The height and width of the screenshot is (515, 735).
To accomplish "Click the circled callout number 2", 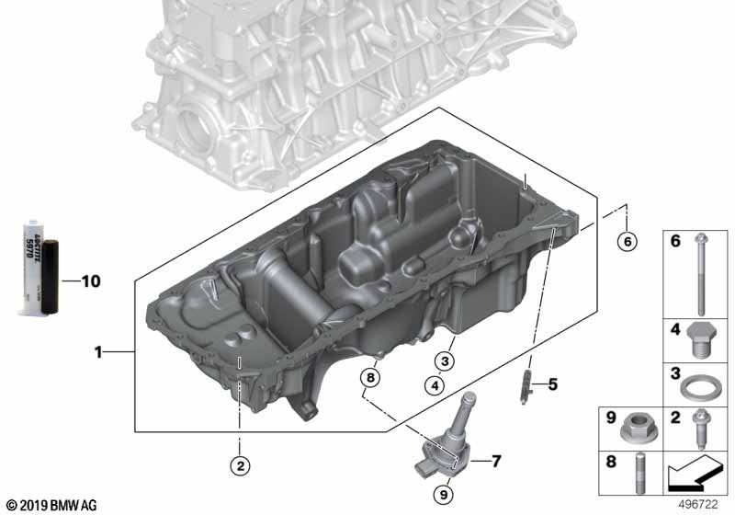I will point(240,466).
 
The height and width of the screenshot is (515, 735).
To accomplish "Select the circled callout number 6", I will point(627,242).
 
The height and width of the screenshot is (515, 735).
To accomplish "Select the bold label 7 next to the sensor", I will point(497,459).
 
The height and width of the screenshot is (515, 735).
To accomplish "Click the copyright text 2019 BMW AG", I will point(51,505).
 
